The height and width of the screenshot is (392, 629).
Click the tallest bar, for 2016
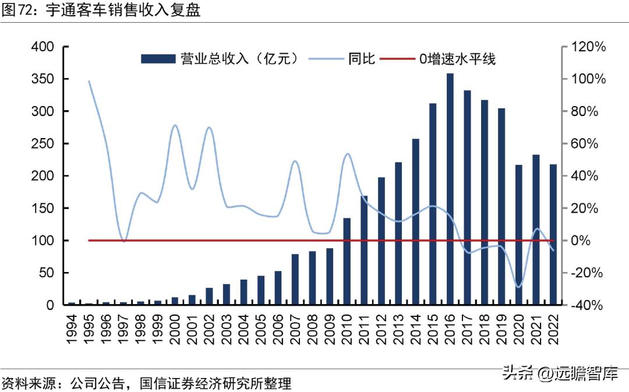(450, 189)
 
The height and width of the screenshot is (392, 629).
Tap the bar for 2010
(347, 262)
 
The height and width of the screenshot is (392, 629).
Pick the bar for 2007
(295, 280)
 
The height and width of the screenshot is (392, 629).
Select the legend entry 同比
(344, 58)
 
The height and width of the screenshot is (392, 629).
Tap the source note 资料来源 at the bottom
(146, 383)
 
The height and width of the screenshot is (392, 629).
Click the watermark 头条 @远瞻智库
(560, 373)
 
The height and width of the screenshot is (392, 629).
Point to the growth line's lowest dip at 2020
(518, 287)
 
